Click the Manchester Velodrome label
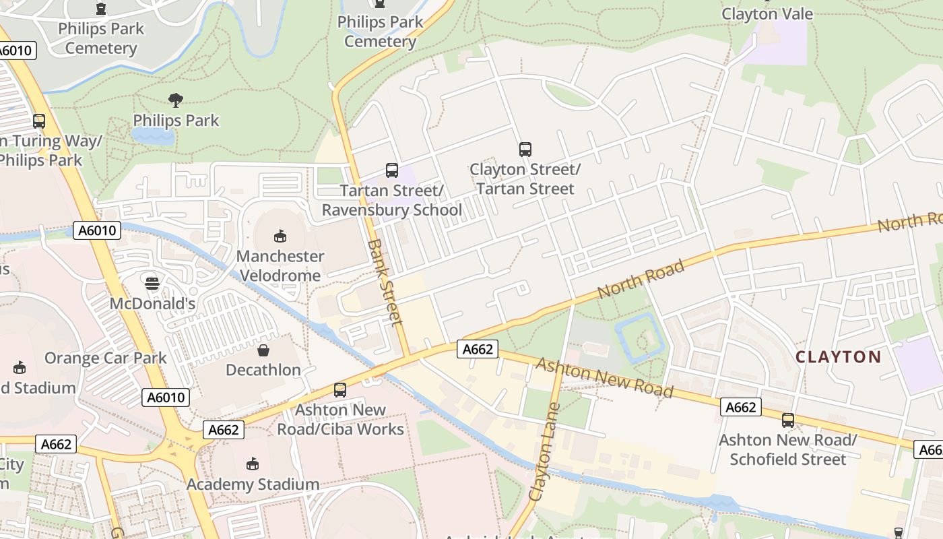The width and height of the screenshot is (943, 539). click(280, 265)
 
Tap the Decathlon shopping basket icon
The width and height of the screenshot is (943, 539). click(263, 350)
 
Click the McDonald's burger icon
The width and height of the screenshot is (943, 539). click(152, 284)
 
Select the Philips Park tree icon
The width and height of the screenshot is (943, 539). click(176, 101)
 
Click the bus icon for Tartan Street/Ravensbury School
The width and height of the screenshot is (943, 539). click(392, 170)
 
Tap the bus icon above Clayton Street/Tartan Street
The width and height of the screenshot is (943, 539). click(525, 150)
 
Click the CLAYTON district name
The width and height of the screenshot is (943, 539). click(838, 356)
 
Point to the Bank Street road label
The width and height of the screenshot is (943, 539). click(386, 281)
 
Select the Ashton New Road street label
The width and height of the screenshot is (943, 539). click(604, 377)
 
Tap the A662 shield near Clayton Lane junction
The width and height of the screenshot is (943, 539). click(478, 349)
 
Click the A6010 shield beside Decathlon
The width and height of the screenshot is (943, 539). click(166, 398)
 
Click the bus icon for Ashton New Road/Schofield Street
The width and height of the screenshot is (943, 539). click(788, 420)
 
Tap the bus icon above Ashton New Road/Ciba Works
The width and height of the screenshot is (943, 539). click(340, 390)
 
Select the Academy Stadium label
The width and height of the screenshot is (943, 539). click(253, 484)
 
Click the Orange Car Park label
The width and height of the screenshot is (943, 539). click(106, 358)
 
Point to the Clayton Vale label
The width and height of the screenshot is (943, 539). click(767, 13)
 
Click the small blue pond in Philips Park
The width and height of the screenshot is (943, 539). click(153, 137)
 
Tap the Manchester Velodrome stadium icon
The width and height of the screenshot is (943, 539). click(280, 236)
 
